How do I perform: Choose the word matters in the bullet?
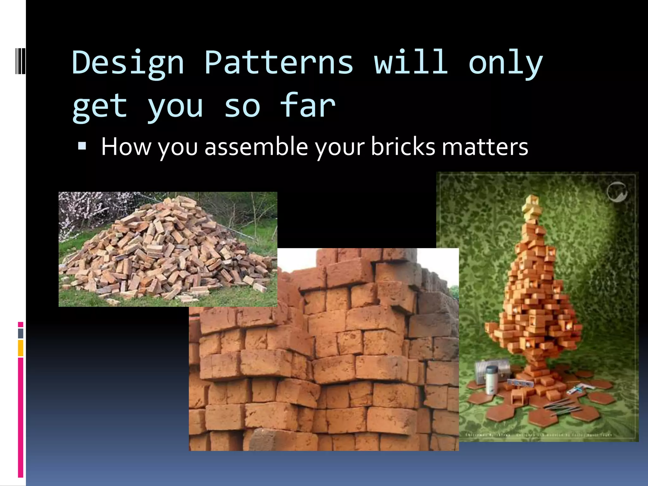[485, 147]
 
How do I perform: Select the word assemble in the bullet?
[256, 147]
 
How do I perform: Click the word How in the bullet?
[126, 147]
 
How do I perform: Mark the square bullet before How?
[82, 146]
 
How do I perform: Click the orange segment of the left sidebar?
[21, 348]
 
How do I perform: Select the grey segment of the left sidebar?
[21, 333]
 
